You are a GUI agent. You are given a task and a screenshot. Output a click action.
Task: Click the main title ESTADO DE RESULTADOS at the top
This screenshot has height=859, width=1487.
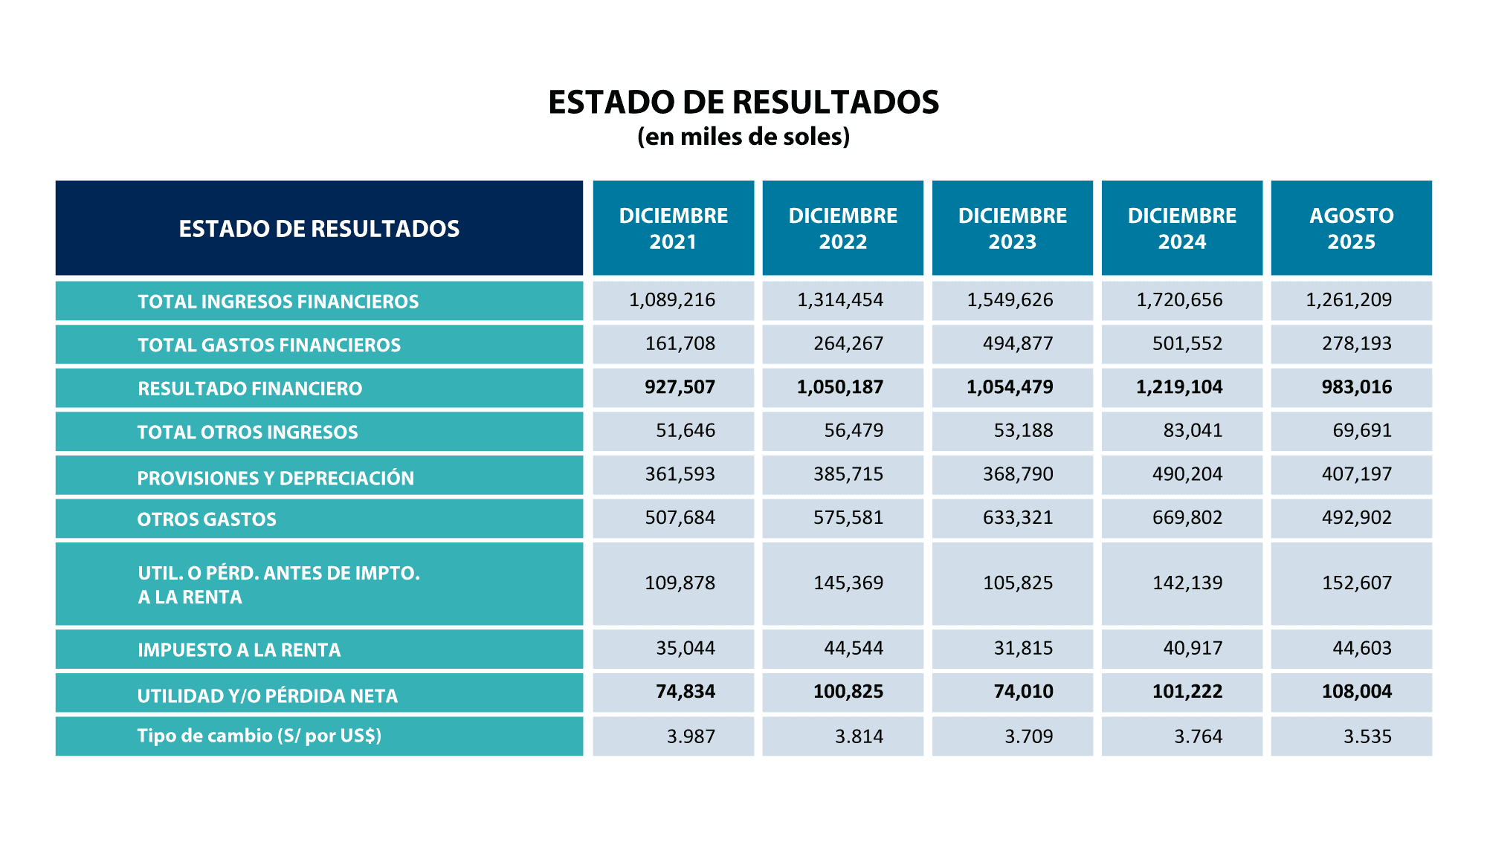coord(743,103)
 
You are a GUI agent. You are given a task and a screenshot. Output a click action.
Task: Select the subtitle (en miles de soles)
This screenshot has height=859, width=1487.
coord(743,137)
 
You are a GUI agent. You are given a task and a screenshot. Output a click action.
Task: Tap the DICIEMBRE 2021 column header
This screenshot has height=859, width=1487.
coord(673,228)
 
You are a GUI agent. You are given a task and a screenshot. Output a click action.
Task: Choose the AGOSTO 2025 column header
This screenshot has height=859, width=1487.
coord(1351,228)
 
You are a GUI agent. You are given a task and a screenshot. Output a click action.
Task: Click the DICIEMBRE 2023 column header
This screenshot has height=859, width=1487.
coord(1012,228)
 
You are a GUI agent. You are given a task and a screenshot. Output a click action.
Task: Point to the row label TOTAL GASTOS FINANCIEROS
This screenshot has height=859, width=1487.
coord(269,345)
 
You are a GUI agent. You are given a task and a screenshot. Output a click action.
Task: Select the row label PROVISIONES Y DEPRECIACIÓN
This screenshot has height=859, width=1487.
coord(275,478)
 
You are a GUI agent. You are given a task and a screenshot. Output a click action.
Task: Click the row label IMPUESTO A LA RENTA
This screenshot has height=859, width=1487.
coord(239,650)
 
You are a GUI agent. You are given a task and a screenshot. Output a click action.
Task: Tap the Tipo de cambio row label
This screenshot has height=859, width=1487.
coord(259,736)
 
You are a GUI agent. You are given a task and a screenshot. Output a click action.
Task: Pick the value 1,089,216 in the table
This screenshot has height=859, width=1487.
coord(672,300)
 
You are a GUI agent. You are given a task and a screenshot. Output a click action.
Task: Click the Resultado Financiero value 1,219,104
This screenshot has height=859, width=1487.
coord(1179,387)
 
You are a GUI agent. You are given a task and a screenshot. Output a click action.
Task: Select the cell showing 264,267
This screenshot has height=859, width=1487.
coord(848,343)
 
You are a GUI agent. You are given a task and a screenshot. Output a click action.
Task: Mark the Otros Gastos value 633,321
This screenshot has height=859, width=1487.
coord(1018,517)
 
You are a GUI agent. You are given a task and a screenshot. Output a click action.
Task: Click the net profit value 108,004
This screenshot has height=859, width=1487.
coord(1356,692)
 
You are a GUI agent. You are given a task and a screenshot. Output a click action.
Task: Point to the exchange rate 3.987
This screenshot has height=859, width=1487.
coord(691,736)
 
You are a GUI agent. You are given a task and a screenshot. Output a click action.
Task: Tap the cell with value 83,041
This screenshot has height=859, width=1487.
coord(1193,430)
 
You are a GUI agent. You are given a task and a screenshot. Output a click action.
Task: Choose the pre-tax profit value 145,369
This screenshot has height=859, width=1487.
coord(848,583)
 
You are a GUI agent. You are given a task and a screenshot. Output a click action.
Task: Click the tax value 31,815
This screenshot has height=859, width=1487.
coord(1023,648)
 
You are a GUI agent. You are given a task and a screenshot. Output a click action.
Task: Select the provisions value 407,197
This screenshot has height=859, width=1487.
coord(1356,474)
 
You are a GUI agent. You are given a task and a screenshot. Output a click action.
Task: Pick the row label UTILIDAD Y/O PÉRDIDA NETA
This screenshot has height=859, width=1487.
coord(267,696)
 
